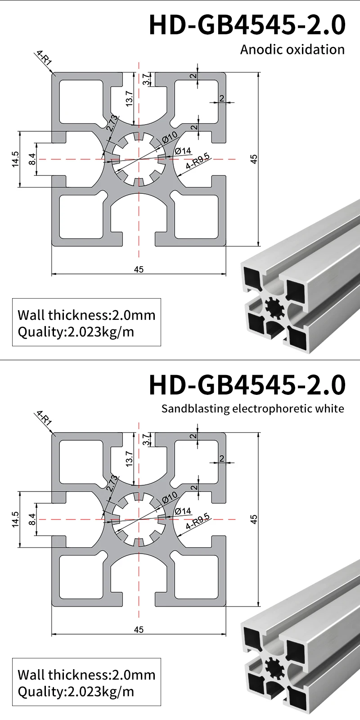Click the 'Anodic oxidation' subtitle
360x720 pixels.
coord(292,49)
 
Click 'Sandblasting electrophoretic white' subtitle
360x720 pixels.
coord(252,408)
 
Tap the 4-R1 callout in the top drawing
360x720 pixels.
coord(44,59)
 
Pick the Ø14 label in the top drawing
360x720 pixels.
coord(183,151)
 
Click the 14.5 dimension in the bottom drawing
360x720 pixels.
coord(16,519)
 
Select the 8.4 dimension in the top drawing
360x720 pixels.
coord(31,159)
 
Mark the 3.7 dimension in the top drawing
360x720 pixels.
coord(145,80)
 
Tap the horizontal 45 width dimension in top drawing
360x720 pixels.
coord(139,269)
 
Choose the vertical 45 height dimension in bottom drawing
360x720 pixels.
coord(254,519)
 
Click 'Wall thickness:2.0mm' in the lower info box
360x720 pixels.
coord(86,675)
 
